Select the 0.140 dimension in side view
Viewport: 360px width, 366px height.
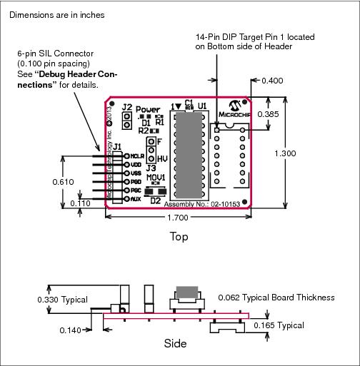(x=71, y=330)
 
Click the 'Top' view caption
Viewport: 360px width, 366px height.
(x=179, y=236)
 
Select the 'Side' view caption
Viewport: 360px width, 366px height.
(x=176, y=344)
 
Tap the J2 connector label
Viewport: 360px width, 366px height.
(x=126, y=108)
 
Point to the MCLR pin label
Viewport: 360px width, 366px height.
(x=138, y=155)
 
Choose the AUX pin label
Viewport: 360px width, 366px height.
(x=136, y=198)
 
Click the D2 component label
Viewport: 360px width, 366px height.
(x=155, y=201)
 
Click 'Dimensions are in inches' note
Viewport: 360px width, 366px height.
(x=57, y=14)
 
